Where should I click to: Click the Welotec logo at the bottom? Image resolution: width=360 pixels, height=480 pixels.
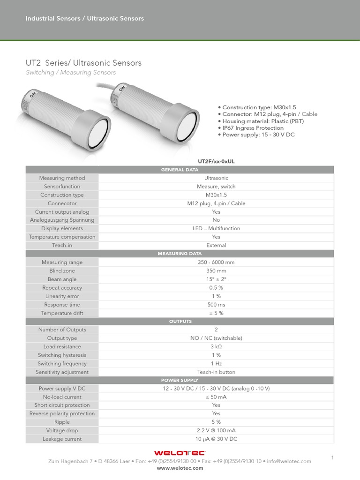click(x=180, y=453)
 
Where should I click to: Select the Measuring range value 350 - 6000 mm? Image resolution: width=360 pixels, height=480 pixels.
click(x=216, y=262)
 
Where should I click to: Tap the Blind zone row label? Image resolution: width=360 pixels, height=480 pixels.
click(x=62, y=271)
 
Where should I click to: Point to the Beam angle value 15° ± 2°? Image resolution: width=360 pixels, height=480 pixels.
click(x=216, y=279)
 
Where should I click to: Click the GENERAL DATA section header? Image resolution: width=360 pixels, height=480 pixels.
click(x=180, y=170)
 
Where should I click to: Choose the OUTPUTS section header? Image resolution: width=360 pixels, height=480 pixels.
click(x=180, y=322)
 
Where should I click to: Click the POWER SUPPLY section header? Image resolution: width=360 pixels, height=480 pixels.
click(x=180, y=380)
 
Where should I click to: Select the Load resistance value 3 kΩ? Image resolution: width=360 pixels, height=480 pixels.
click(x=216, y=347)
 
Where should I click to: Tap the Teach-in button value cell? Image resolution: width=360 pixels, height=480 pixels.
click(x=216, y=372)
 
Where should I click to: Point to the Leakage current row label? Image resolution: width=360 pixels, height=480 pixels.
click(x=62, y=439)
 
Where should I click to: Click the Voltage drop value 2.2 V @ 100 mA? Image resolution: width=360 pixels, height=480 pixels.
click(x=216, y=431)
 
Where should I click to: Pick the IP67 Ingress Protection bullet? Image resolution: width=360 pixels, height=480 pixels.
click(x=253, y=128)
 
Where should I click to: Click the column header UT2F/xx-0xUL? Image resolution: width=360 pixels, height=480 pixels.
click(x=216, y=161)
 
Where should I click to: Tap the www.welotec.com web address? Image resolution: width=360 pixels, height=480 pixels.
click(x=180, y=468)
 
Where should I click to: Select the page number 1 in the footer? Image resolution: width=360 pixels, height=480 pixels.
click(x=332, y=457)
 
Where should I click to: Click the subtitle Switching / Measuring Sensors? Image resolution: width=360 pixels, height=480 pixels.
click(x=70, y=73)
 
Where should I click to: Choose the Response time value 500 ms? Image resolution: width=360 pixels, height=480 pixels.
click(x=216, y=305)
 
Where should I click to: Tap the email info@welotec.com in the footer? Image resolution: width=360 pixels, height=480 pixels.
click(x=289, y=461)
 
